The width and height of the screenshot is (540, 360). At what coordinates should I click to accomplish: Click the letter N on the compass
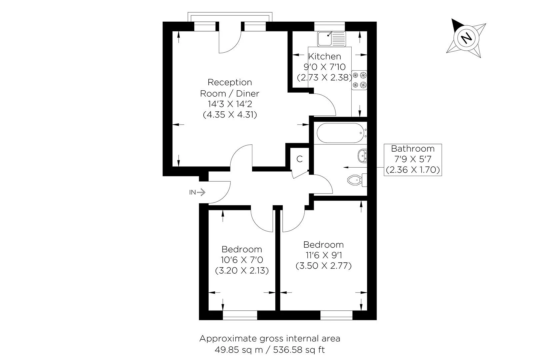tap(466, 38)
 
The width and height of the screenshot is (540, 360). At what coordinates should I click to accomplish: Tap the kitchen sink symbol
tap(331, 39)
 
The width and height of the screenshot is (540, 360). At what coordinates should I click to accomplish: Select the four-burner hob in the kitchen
tap(359, 80)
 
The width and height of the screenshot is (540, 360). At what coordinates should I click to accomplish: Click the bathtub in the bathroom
tap(340, 133)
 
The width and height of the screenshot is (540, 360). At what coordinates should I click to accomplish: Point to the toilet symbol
tap(357, 180)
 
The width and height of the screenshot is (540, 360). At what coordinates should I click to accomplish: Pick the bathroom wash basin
tap(362, 156)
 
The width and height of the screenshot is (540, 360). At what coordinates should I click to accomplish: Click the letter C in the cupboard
tap(299, 159)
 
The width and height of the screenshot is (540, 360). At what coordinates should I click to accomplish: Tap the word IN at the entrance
tap(192, 192)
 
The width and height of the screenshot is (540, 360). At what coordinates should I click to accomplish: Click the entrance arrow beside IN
tap(201, 192)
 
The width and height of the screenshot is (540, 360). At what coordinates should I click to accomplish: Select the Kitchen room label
tap(324, 56)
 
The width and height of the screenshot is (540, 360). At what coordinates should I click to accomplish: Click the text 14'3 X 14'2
tap(230, 104)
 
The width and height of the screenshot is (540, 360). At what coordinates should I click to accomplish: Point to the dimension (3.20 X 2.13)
tap(242, 271)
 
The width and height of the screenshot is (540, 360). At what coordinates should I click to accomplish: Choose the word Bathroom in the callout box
tap(413, 149)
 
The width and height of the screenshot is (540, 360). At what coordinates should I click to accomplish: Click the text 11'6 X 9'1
tap(324, 255)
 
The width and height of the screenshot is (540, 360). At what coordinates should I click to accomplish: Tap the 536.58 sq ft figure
tap(299, 350)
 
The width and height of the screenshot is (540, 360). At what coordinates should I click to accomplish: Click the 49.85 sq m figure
tap(239, 350)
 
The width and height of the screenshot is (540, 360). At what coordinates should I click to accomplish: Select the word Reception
tap(230, 82)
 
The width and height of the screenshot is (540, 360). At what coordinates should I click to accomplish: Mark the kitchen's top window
tap(330, 26)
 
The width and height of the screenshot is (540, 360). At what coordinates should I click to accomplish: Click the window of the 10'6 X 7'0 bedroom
tap(240, 315)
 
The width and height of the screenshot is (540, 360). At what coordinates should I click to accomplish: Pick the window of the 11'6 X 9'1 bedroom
tap(337, 315)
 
